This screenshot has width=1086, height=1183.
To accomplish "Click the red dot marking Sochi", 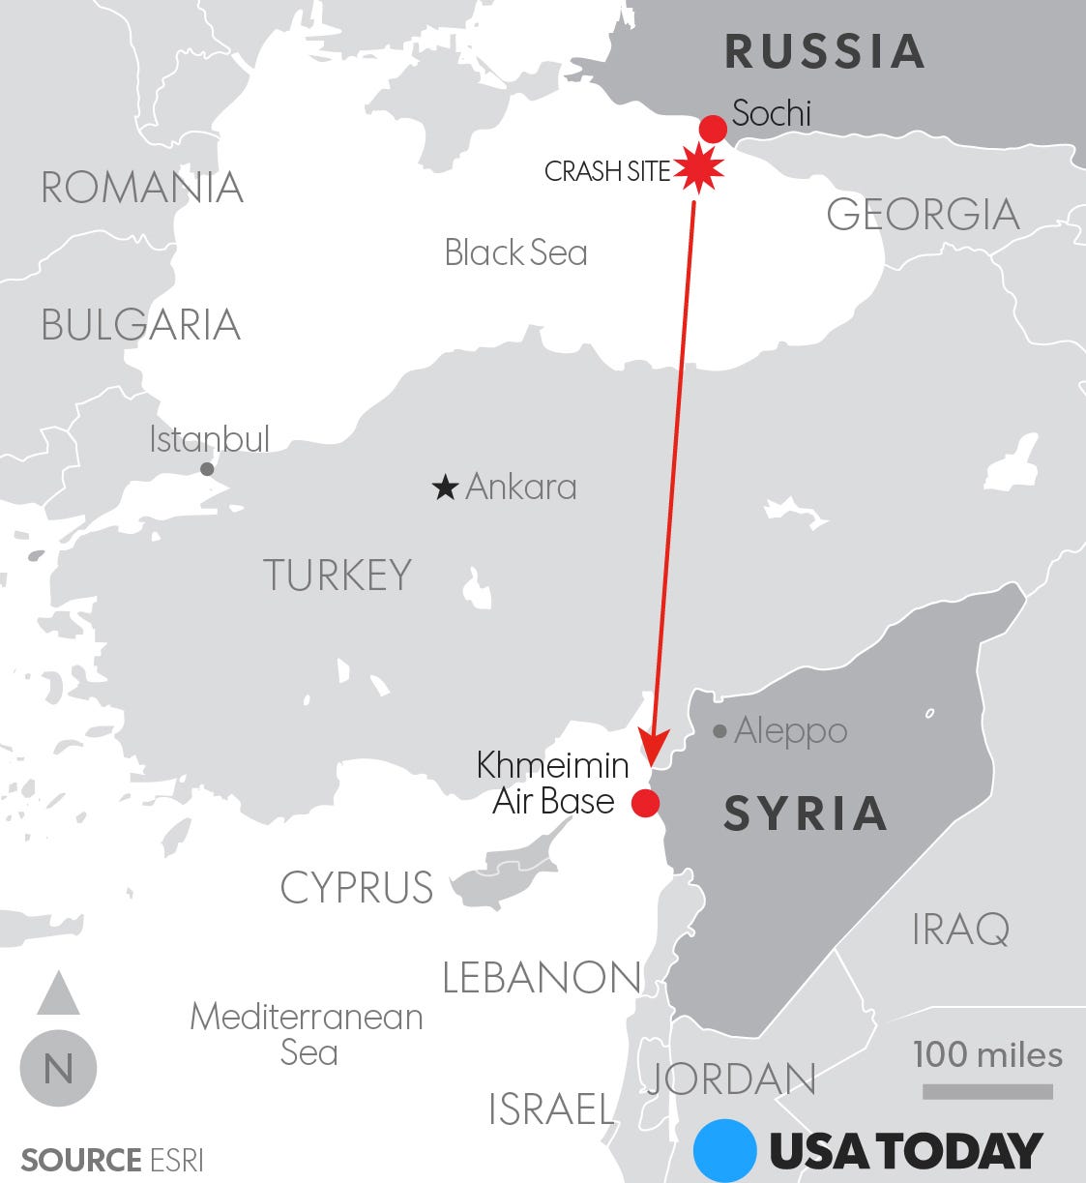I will click(x=713, y=129).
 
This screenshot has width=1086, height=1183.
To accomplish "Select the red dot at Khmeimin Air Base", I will click(x=645, y=803).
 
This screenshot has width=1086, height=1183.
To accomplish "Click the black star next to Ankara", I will click(x=445, y=488).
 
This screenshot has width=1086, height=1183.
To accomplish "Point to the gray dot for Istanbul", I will click(x=207, y=469).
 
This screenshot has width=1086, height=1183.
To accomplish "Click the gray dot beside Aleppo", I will click(x=719, y=731).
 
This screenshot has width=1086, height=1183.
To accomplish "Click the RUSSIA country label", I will click(x=825, y=51).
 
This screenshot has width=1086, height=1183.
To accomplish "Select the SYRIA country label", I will click(x=806, y=813).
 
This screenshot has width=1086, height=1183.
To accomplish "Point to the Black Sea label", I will click(x=515, y=252).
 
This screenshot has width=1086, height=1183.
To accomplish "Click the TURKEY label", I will click(x=338, y=576).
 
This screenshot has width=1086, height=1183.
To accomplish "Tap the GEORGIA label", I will click(x=923, y=214).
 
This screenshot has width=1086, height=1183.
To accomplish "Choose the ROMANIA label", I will click(x=142, y=187).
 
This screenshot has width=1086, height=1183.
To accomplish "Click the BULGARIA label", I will click(x=141, y=325).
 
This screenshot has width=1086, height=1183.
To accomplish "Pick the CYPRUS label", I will click(x=357, y=887).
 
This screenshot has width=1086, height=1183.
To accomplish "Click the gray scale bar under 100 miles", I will click(x=986, y=1091).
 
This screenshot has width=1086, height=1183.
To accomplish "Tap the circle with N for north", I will click(x=58, y=1069).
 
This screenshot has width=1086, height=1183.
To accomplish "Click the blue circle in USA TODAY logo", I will click(x=724, y=1150).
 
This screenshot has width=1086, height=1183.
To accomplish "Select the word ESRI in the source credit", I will click(x=177, y=1160).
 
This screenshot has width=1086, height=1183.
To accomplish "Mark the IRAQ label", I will click(x=960, y=930).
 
